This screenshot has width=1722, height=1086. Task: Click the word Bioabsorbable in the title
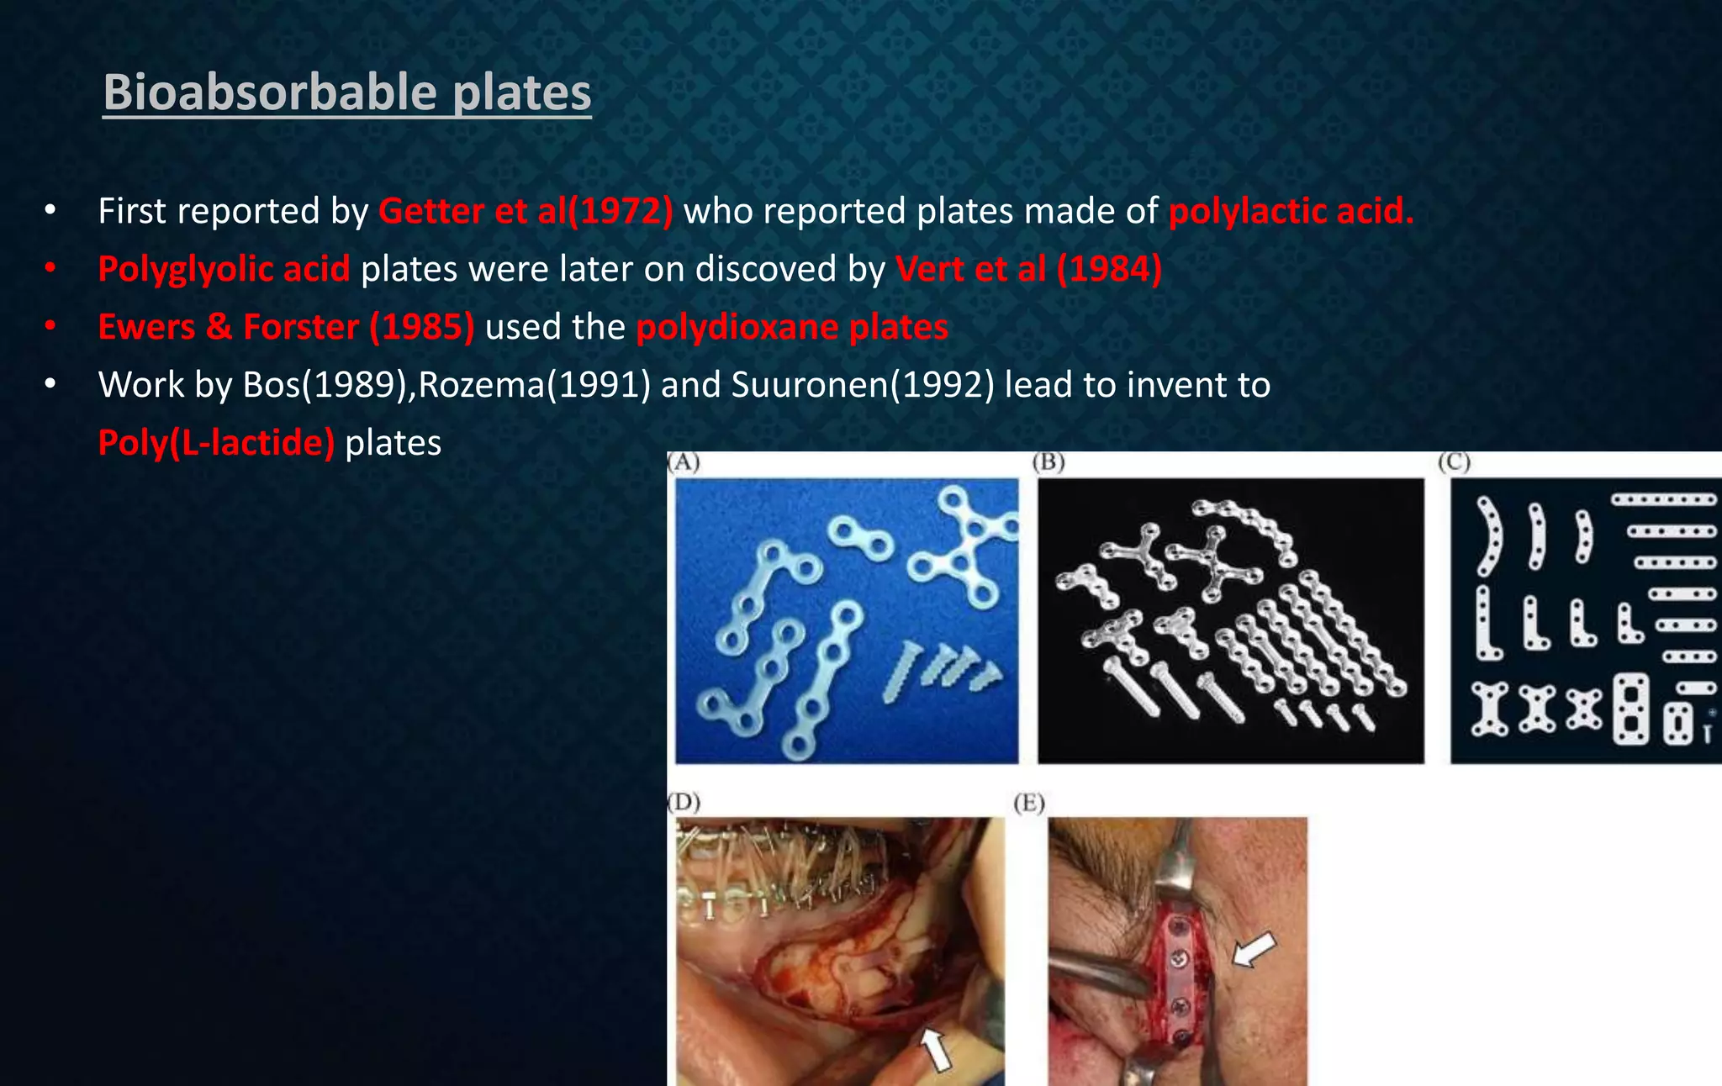coord(269,92)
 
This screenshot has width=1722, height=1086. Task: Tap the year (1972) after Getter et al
coord(621,211)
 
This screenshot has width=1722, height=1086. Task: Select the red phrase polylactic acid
coord(1291,211)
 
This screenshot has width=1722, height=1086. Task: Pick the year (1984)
coord(1110,269)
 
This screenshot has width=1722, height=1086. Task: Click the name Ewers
coord(145,327)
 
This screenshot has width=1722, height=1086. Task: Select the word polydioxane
coord(737,327)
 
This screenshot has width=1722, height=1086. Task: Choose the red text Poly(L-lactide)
coord(216,443)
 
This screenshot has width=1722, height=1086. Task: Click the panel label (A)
coord(684,462)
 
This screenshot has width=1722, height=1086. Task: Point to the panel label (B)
coord(1049,462)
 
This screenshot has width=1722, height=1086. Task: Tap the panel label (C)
coord(1453,462)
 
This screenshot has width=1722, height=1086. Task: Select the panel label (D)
coord(684,802)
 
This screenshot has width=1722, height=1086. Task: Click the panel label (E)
coord(1029,804)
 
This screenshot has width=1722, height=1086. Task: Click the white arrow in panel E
coord(1253,951)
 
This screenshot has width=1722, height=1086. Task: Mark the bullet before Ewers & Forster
coord(50,326)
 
